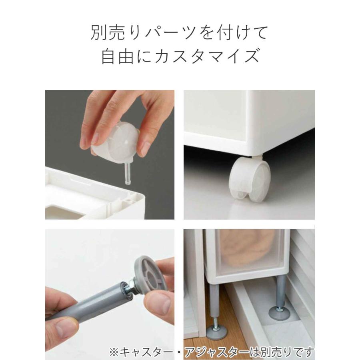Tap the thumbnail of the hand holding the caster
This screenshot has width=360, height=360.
110,154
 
